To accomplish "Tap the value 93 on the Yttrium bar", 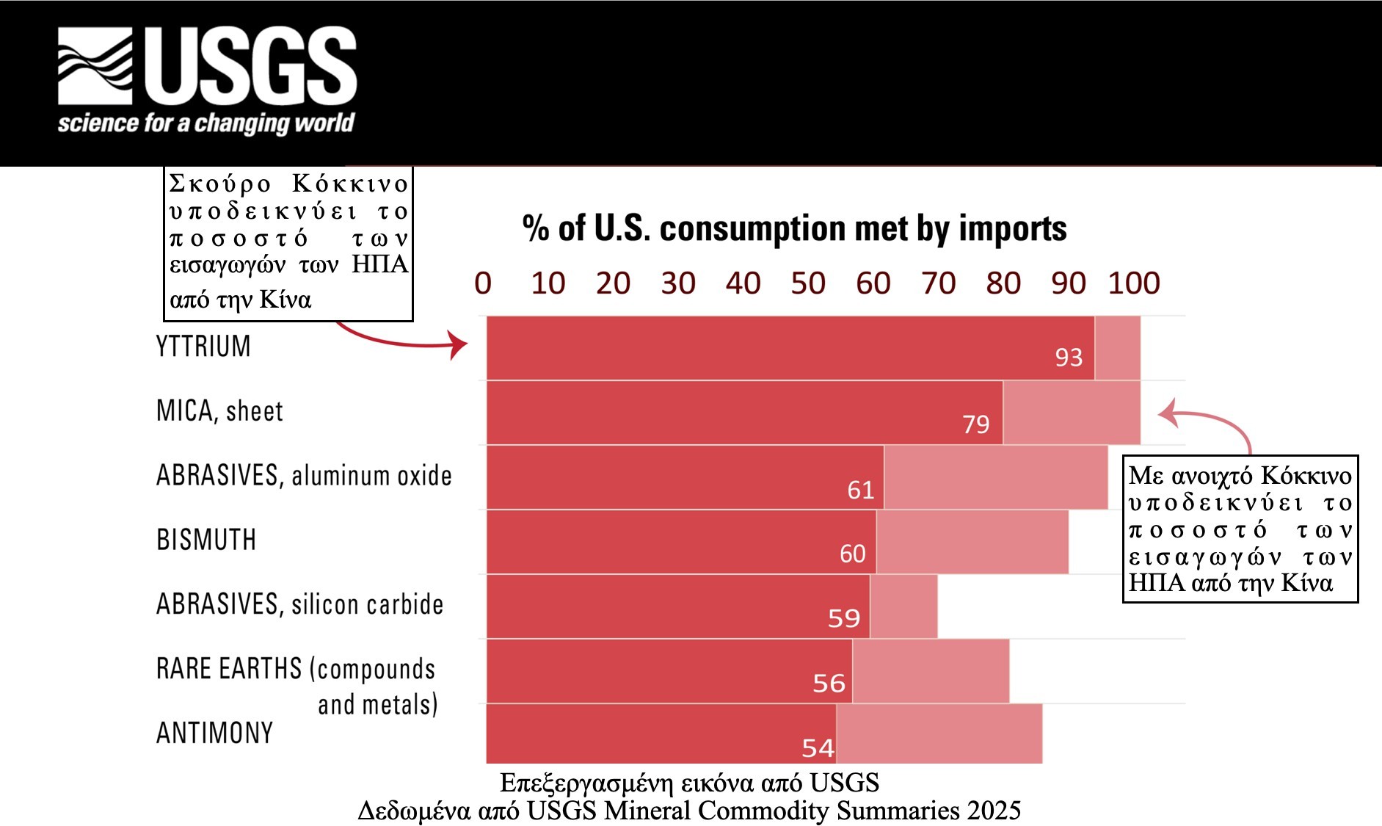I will [1069, 358].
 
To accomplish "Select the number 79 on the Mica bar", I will [975, 424].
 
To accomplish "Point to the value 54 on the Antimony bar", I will [818, 748].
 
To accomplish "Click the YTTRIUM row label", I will [203, 347].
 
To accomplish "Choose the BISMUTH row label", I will [206, 540].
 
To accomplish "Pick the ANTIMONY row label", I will [214, 733].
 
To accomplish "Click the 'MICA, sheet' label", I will [219, 411].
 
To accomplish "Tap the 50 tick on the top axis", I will [807, 283].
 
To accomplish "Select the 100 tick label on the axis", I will [1133, 283].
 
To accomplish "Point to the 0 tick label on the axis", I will [482, 283].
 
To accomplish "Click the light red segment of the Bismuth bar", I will [972, 542].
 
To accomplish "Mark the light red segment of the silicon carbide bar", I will [903, 606].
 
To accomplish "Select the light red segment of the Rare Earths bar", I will [931, 671].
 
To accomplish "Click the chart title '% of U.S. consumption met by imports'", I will [794, 228].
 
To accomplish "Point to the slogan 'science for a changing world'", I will [206, 123].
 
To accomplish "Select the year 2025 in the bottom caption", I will [994, 811].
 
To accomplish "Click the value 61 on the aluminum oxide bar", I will [860, 490].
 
